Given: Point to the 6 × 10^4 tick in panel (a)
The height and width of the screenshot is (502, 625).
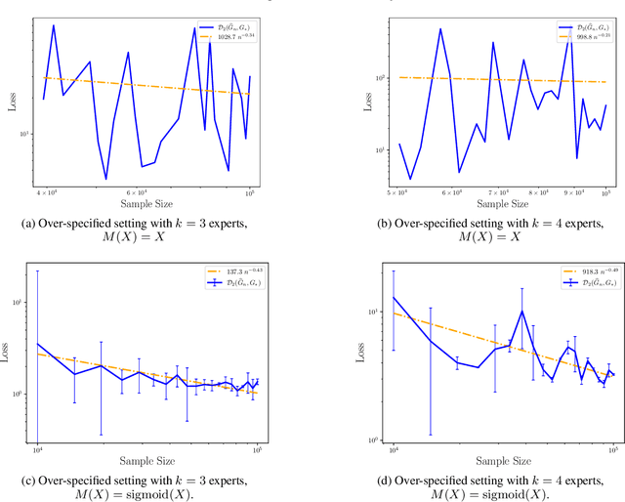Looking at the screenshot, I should pyautogui.click(x=140, y=194).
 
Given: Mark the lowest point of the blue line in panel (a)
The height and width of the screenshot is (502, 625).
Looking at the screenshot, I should pyautogui.click(x=105, y=179).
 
